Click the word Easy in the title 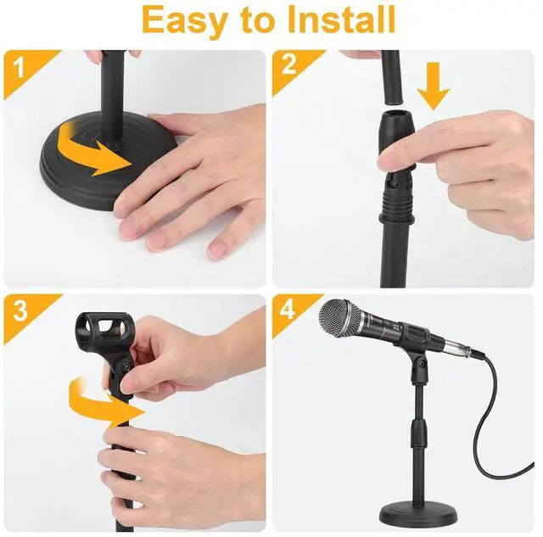pos(185,20)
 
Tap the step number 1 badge pos(19,64)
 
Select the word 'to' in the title pos(260,20)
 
